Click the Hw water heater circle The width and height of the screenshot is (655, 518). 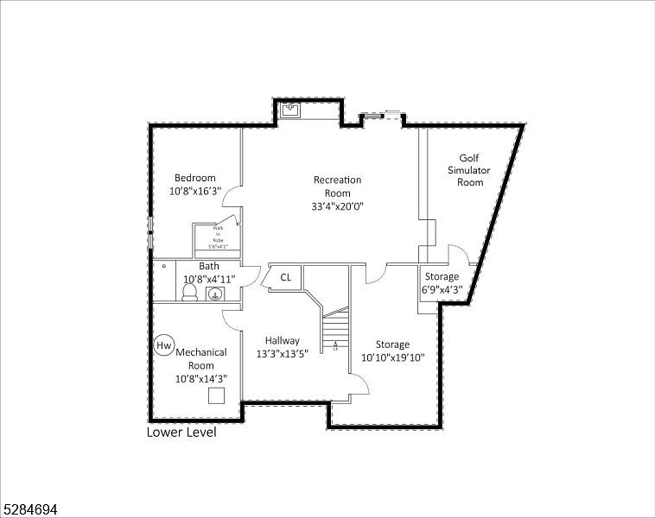point(163,345)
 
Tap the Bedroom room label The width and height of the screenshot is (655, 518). point(194,178)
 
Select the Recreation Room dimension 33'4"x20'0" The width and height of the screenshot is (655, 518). point(337,206)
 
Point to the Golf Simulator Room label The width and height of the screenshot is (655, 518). point(469,170)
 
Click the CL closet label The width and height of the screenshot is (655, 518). point(285,277)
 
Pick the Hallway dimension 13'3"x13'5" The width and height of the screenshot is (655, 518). point(283,353)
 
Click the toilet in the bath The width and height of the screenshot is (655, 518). point(191,294)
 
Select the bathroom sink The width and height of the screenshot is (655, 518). point(214,294)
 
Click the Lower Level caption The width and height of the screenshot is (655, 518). point(181,433)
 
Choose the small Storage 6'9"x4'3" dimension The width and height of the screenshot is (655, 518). point(442,289)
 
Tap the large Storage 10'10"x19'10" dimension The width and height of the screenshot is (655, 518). point(392,357)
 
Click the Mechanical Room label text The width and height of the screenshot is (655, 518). point(201,358)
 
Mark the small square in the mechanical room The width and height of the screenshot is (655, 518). point(217,395)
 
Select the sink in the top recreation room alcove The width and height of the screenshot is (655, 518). point(291,110)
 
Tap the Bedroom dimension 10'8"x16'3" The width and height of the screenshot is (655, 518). point(194,191)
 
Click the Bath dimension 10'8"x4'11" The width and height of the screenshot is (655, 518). point(208,279)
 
